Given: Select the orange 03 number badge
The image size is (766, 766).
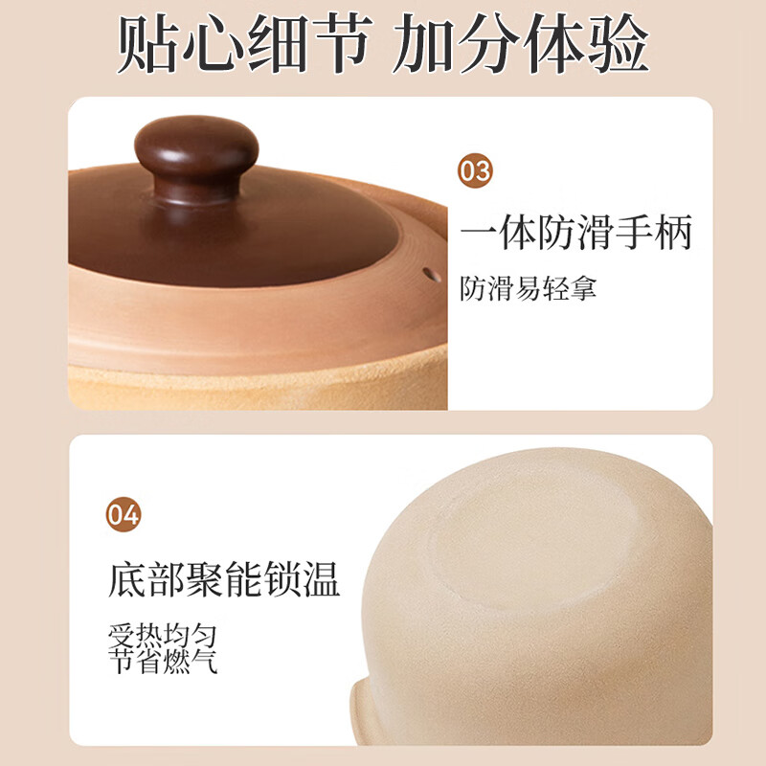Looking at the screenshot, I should pyautogui.click(x=475, y=171).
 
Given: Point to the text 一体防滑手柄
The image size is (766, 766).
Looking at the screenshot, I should pyautogui.click(x=575, y=233).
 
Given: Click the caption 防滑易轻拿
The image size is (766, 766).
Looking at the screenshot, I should pyautogui.click(x=528, y=288).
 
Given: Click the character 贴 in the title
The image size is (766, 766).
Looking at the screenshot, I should pyautogui.click(x=149, y=43).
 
